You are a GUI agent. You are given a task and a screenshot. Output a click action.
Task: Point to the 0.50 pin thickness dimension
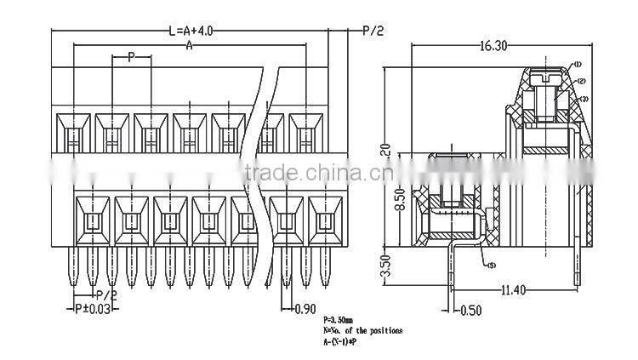(x=470, y=310)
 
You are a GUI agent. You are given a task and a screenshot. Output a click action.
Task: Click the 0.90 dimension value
(x=305, y=308)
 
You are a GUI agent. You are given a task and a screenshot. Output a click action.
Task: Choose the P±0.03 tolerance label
(x=93, y=308)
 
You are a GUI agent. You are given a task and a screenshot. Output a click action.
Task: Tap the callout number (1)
(x=576, y=66)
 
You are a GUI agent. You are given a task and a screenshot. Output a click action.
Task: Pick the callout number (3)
(x=584, y=99)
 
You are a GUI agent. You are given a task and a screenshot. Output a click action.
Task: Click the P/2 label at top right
(x=373, y=31)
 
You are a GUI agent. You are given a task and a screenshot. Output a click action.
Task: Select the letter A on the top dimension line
(x=189, y=46)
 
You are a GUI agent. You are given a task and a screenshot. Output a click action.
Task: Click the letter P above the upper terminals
(x=131, y=58)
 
